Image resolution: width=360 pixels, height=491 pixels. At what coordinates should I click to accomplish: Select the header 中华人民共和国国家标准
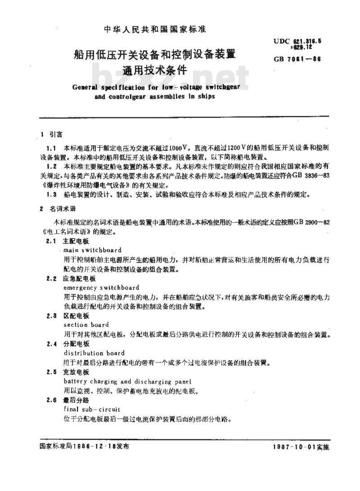click(x=155, y=30)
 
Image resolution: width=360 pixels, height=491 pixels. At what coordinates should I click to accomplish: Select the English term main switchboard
click(x=92, y=250)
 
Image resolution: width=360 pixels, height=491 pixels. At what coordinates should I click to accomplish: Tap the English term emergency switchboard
click(x=101, y=287)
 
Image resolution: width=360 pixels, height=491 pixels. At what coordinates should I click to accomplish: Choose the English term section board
click(x=86, y=324)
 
